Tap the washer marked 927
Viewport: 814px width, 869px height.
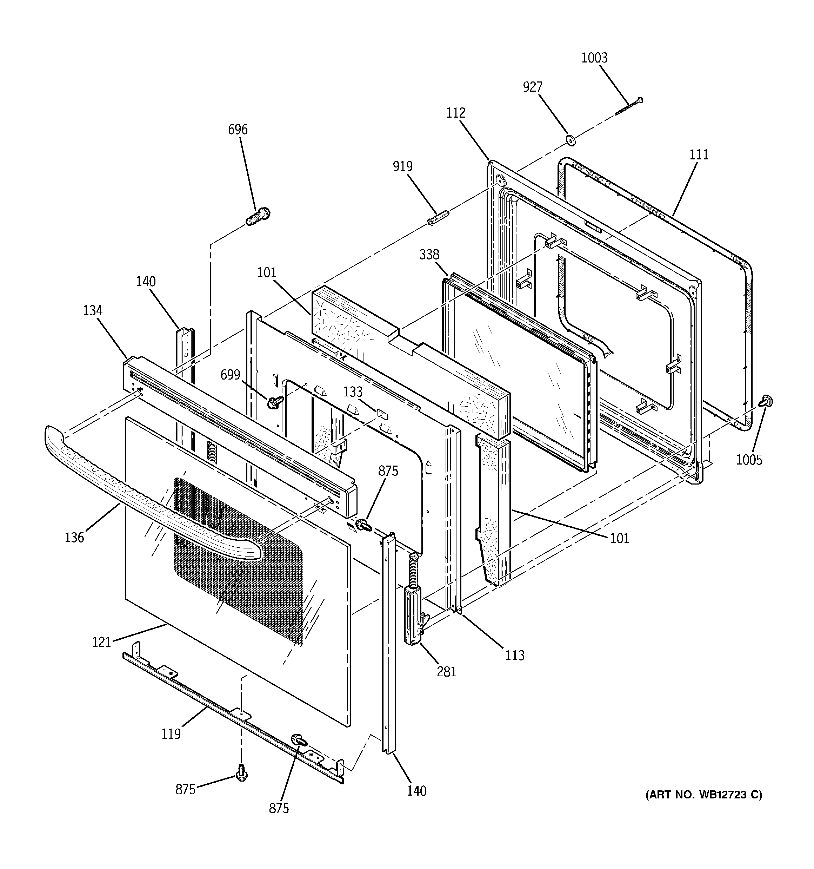coord(571,141)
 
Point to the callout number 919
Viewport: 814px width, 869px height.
coord(402,166)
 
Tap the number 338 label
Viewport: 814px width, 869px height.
coord(429,255)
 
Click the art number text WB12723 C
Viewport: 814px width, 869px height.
coord(703,794)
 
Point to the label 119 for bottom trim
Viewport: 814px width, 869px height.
coord(171,733)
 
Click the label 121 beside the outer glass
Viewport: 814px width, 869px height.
coord(101,642)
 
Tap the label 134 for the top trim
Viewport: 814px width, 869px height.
coord(93,310)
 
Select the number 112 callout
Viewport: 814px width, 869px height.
coord(456,113)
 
